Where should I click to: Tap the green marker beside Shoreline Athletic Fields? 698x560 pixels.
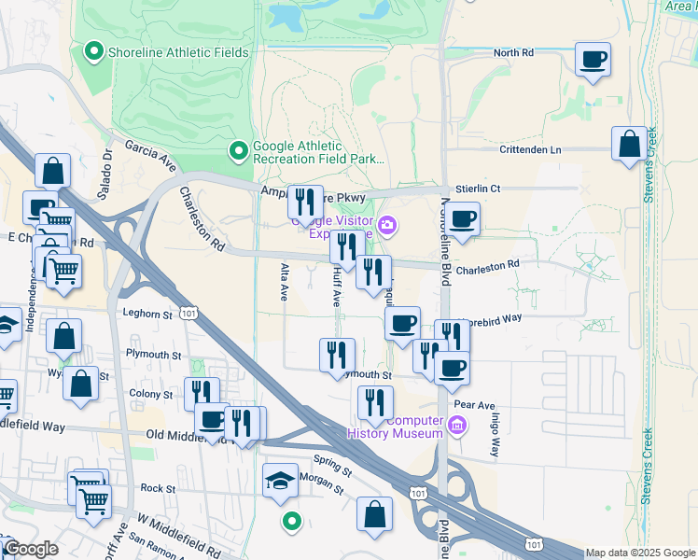point(93,51)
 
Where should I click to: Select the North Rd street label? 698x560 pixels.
point(513,53)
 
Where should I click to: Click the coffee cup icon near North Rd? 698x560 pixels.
point(593,61)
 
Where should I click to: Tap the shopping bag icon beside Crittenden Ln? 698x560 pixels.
point(630,145)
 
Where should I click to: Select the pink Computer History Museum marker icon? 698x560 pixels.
point(456,427)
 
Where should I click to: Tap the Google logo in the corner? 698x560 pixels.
point(30,549)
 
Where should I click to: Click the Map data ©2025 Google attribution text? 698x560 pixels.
point(640,553)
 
